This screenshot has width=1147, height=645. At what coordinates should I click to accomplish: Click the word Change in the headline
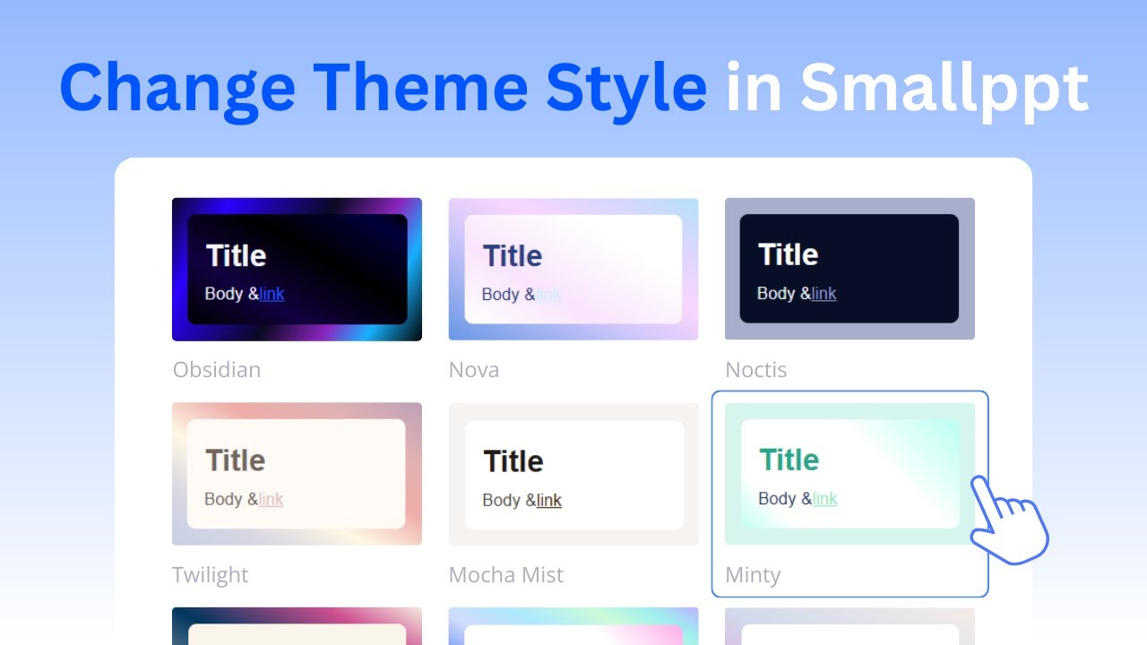[177, 87]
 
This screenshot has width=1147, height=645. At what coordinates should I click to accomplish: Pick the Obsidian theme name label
[217, 370]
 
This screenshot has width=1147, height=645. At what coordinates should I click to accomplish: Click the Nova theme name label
[474, 370]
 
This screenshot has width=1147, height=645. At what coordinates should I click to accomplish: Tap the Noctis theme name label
[756, 370]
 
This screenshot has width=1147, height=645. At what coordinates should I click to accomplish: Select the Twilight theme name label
[211, 575]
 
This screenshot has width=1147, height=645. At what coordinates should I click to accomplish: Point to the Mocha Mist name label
[506, 575]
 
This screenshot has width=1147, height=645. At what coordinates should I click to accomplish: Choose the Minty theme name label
[753, 575]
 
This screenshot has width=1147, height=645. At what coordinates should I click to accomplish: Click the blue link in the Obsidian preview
[272, 294]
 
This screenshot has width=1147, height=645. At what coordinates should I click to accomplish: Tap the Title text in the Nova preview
[513, 256]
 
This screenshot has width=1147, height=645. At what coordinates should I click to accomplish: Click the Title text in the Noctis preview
[789, 254]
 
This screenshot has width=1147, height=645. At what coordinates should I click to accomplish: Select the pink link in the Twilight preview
[271, 499]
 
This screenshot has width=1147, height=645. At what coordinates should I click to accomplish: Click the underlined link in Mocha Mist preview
[549, 500]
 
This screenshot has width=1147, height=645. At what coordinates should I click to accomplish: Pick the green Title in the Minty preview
[789, 460]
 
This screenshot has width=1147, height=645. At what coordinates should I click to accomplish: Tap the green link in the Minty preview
[825, 499]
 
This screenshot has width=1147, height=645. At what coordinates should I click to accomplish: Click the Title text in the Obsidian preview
[237, 255]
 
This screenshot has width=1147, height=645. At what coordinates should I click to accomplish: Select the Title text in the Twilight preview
[236, 460]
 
